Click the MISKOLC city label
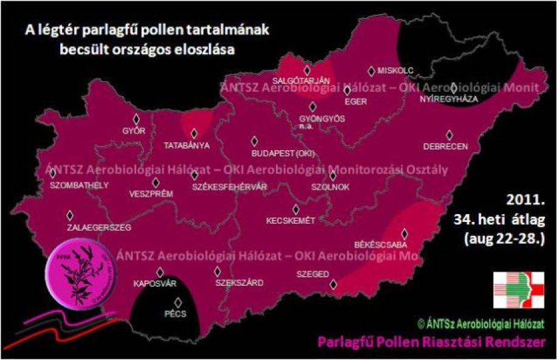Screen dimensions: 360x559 tap(396, 71)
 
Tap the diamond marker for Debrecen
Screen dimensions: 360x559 tap(450, 135)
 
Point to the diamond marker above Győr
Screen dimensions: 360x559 tap(136, 119)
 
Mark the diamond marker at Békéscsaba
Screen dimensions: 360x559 tap(403, 234)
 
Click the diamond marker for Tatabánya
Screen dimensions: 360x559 tap(194, 133)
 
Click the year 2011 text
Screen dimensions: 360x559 tap(526, 199)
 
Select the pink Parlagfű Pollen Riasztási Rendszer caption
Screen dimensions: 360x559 tap(437, 342)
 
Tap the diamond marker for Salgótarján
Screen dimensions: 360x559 tap(307, 70)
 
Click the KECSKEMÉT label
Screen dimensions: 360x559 tap(290, 221)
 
